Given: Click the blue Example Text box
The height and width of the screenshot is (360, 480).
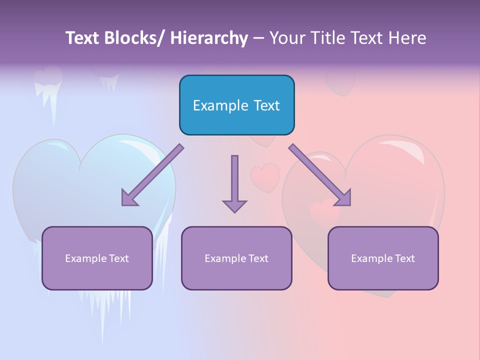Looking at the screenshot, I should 236,105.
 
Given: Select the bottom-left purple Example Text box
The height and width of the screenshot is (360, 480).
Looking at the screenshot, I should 97,258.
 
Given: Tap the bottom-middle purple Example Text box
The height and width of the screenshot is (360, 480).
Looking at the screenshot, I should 236,258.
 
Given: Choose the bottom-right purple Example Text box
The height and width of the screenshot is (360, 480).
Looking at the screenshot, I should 383,258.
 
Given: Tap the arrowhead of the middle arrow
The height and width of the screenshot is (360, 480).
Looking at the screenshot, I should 234,205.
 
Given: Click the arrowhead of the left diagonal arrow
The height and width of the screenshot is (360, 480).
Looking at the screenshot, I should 128,198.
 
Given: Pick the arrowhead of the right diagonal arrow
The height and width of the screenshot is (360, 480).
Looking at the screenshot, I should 343,198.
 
